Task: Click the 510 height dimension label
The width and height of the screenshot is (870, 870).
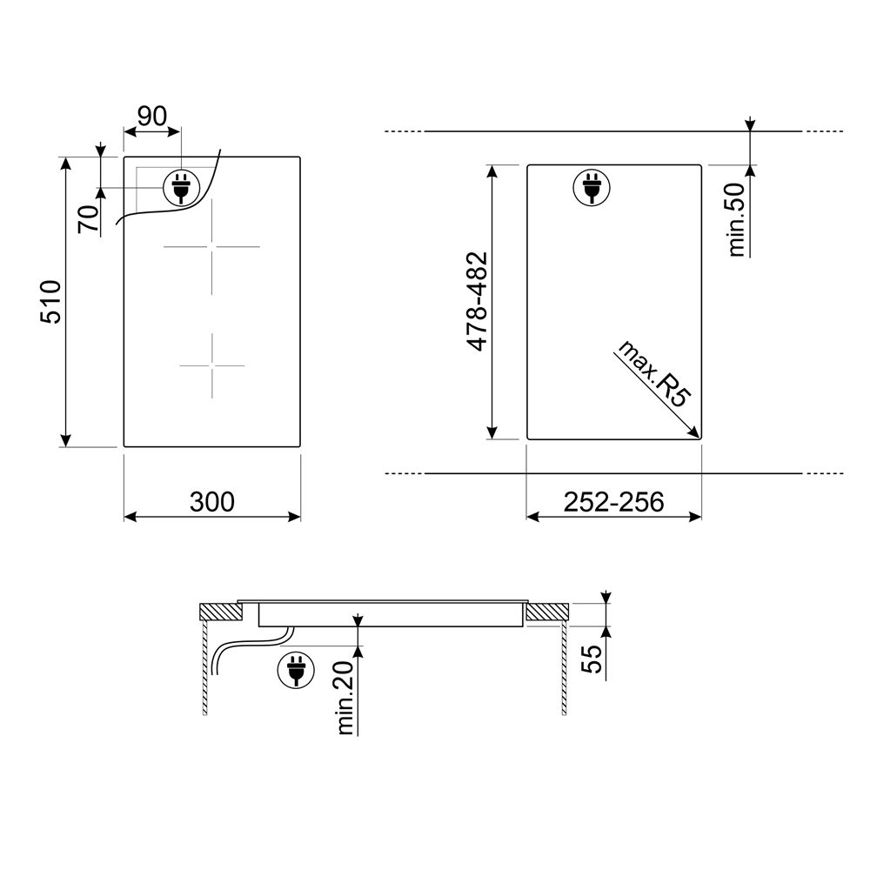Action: pos(50,302)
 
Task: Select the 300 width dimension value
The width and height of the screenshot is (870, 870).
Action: pos(212,502)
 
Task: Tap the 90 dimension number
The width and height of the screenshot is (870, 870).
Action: pos(152,116)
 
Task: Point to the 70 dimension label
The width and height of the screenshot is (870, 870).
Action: pos(88,218)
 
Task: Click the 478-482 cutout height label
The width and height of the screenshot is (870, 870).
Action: pos(477,302)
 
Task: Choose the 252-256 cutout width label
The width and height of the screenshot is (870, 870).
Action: pos(613,502)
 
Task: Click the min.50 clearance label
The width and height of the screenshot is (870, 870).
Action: pos(736,220)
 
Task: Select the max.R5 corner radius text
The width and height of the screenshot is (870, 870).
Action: pos(655,373)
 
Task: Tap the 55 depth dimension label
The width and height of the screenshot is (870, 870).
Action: pos(592,659)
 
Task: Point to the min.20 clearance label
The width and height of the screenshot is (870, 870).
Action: pos(345,698)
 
